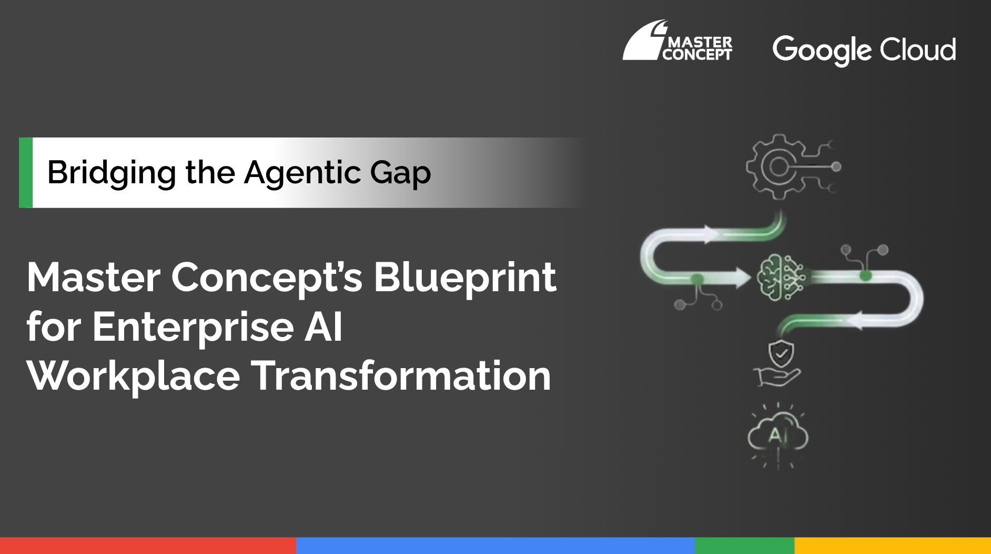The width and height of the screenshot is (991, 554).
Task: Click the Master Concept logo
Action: (677, 41)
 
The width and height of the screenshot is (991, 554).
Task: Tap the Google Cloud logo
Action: (864, 51)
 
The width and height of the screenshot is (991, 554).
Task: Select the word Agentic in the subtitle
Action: (302, 173)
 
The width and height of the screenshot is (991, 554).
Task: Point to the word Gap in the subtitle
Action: (400, 173)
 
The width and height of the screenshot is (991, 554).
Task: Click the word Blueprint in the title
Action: (465, 278)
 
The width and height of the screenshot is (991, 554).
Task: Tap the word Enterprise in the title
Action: (193, 327)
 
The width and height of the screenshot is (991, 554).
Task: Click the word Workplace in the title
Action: (134, 377)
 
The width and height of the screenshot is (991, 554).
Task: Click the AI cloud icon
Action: (778, 435)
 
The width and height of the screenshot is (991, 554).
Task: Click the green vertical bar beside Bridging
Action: (26, 173)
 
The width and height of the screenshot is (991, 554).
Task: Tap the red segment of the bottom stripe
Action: (148, 546)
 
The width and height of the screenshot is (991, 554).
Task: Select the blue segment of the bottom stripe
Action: (496, 546)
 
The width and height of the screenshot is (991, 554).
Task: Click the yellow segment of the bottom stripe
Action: (893, 546)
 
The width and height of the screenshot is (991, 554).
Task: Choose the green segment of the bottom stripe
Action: (744, 546)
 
